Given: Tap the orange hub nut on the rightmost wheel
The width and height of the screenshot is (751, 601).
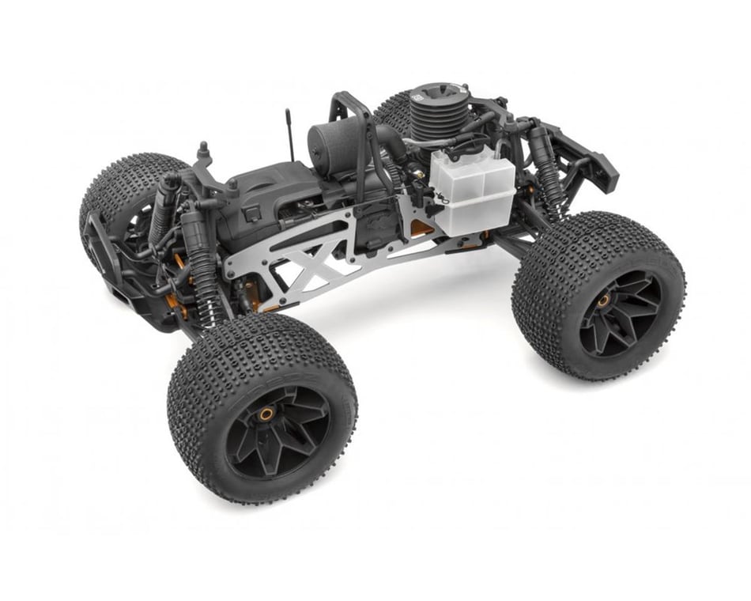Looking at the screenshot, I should click(603, 300).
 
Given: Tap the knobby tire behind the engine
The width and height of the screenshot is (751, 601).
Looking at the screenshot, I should click(395, 111).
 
